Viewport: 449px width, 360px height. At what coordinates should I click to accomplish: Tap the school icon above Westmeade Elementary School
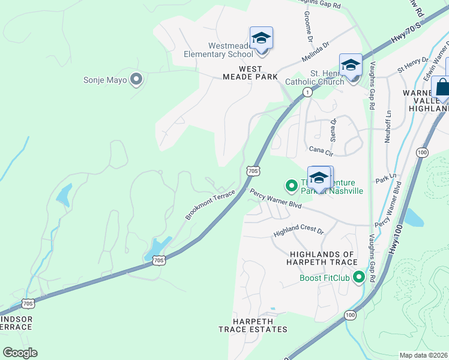261,38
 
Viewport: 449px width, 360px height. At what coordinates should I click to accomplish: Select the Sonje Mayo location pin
136,79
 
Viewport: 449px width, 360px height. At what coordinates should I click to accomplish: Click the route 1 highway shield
307,92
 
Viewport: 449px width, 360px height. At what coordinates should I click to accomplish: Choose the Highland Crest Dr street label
298,231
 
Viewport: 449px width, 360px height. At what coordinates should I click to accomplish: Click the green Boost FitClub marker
359,277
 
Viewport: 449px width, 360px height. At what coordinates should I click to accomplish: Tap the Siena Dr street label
334,130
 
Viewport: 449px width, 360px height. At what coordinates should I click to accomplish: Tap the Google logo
20,353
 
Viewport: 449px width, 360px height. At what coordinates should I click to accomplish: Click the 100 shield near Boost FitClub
350,314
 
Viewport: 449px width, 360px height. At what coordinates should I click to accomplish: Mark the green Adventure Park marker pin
292,185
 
